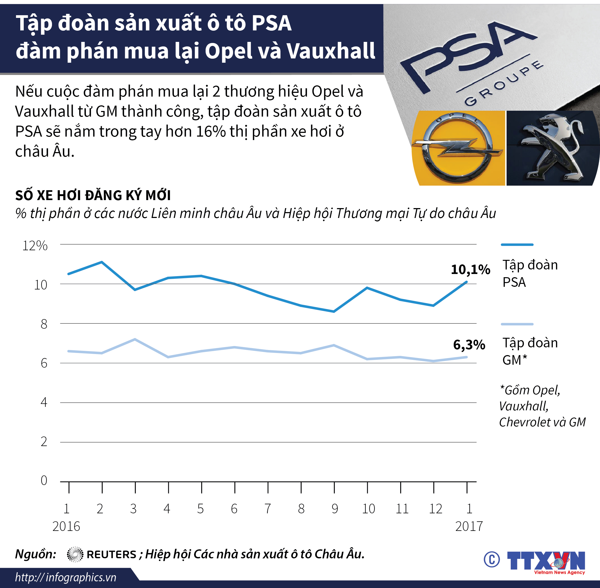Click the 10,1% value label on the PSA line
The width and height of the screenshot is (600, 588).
(x=470, y=270)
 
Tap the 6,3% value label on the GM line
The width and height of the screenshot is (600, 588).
(x=469, y=345)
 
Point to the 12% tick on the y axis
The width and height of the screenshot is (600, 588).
(x=35, y=246)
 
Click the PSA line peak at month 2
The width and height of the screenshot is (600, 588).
(x=102, y=262)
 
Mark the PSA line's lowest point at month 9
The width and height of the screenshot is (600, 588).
(x=334, y=311)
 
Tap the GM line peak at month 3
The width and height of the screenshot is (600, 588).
(x=135, y=339)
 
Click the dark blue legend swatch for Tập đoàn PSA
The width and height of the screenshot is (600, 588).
(x=517, y=245)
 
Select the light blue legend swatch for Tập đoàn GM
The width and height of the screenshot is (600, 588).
(x=517, y=324)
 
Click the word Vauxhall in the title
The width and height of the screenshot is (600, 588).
(x=331, y=51)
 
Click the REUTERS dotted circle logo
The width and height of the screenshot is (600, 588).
(x=75, y=554)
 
